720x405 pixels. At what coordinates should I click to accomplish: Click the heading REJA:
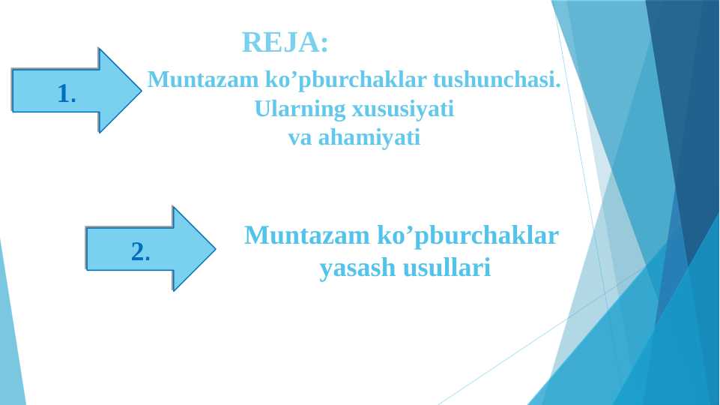[285, 43]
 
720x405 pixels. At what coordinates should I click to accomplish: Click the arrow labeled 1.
[75, 91]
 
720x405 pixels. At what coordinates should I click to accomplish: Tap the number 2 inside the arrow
[139, 251]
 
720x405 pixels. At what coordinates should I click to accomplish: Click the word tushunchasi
[494, 79]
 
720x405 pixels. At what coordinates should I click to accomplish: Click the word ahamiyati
[369, 138]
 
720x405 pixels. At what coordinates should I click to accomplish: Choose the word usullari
[447, 268]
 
